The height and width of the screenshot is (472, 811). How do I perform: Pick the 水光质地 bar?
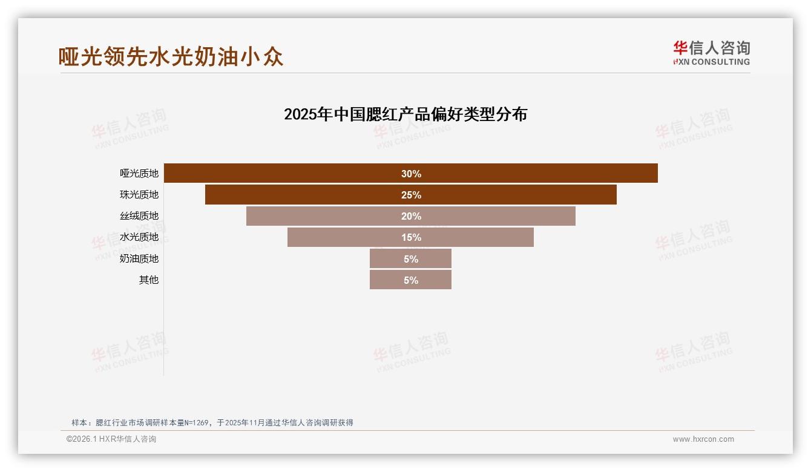point(339,237)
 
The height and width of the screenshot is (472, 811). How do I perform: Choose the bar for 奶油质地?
point(387,259)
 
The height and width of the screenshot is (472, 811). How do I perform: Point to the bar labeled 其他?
point(387,280)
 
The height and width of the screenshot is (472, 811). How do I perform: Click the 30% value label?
point(411,174)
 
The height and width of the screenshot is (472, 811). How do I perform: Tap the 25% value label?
point(411,195)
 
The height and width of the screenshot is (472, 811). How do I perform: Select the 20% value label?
point(411,216)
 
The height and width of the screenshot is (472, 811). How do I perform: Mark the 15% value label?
point(411,237)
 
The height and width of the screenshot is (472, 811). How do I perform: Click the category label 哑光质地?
point(139,173)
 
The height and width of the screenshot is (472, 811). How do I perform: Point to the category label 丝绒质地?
point(139,216)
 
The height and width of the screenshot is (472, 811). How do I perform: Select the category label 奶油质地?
point(139,258)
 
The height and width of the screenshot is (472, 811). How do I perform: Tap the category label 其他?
point(149,280)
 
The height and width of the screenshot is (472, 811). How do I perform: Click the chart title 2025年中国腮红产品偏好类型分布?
point(405,114)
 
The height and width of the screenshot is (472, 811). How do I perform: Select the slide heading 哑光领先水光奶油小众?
point(171,57)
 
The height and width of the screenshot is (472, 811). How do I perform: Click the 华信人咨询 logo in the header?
point(711,53)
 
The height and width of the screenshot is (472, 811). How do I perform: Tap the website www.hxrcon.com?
point(703,439)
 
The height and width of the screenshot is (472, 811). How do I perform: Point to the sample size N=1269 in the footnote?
point(190,423)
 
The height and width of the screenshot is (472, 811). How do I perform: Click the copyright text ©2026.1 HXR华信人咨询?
point(111,439)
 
